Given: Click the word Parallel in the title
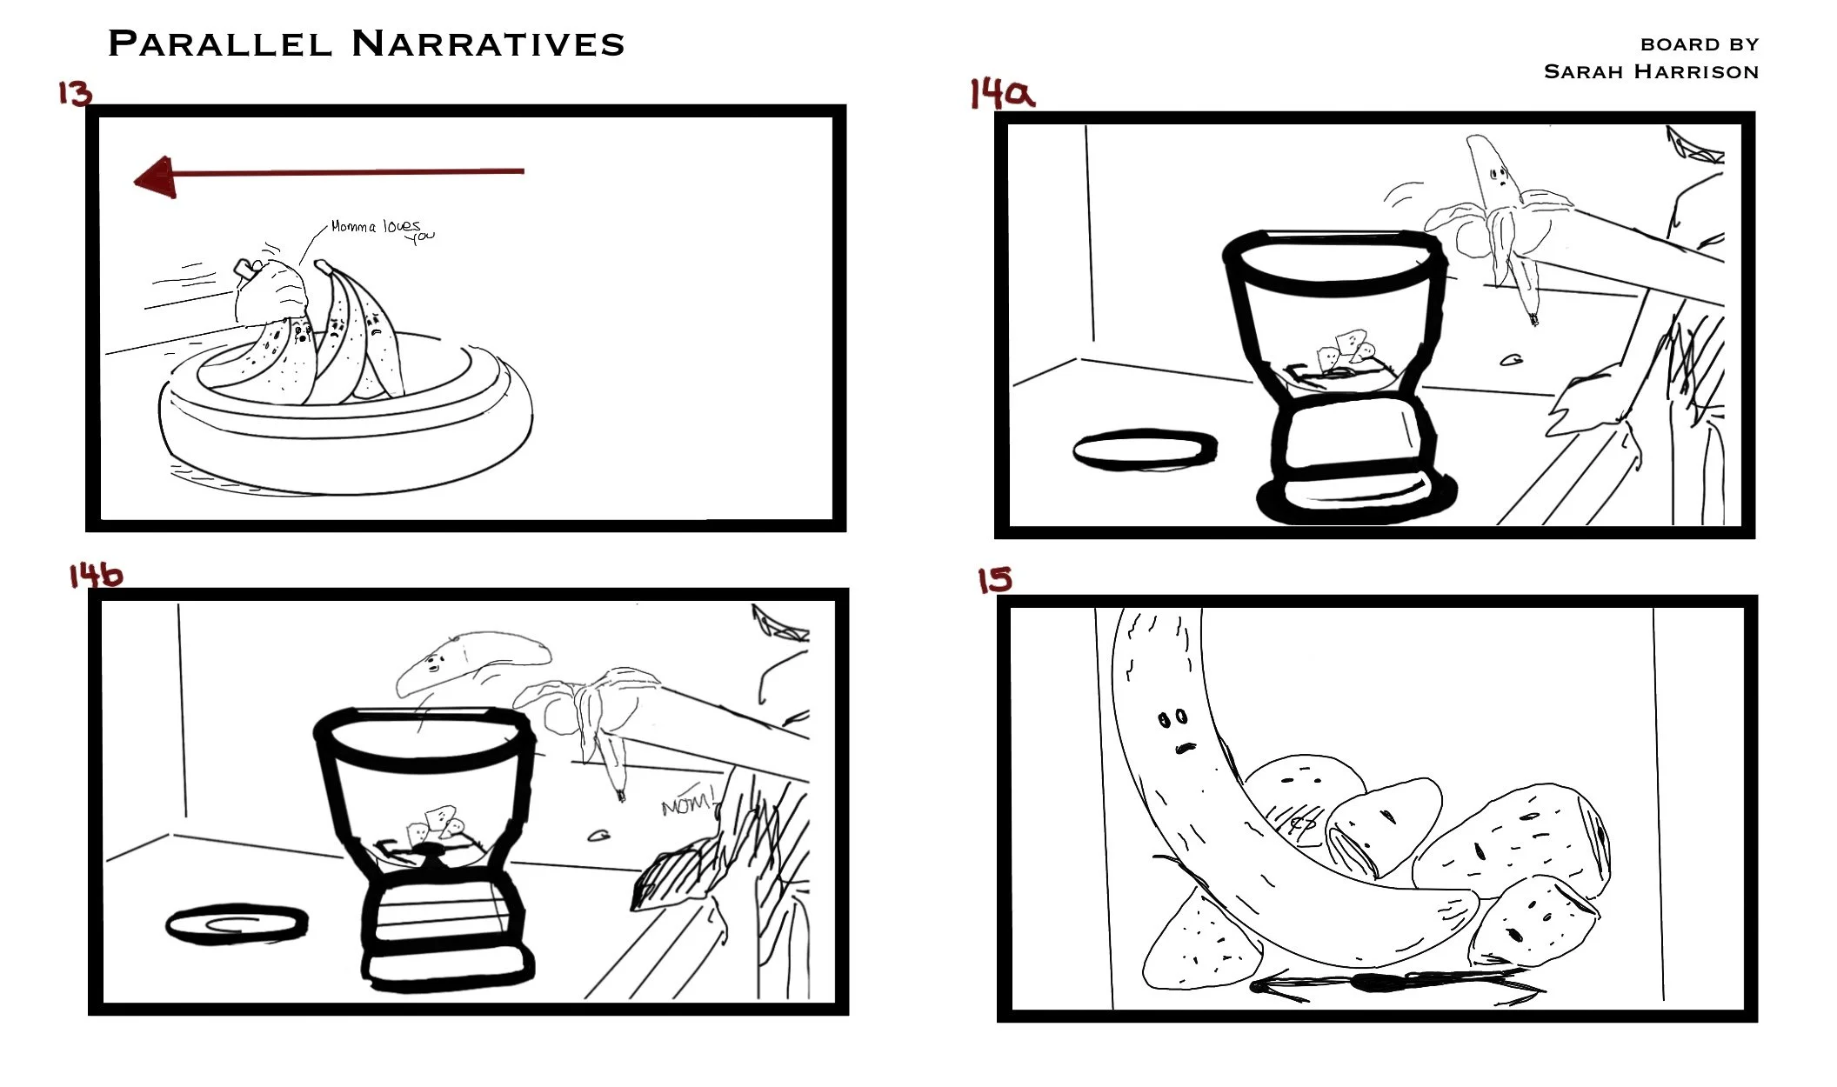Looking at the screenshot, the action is tap(220, 43).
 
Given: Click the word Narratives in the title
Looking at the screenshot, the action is tap(488, 43).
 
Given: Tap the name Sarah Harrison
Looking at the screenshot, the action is tap(1651, 71).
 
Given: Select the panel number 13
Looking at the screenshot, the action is tap(75, 92).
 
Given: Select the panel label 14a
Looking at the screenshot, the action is tap(1002, 93).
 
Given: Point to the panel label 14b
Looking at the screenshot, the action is tap(96, 574).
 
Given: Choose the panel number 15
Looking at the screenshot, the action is tap(994, 579).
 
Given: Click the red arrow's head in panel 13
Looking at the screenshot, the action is tap(155, 177).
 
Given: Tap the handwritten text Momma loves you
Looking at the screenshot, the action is tap(383, 230).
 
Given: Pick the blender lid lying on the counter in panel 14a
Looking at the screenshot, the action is tap(1145, 450).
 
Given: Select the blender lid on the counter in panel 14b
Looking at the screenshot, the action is tap(237, 924).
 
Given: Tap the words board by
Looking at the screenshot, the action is tap(1700, 44).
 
